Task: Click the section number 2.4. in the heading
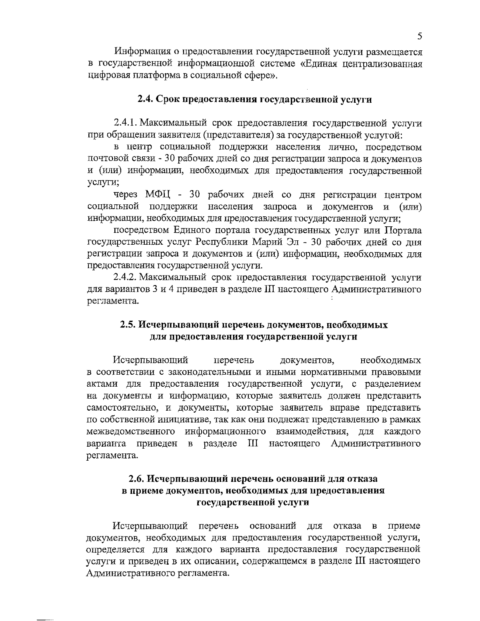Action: tap(146, 100)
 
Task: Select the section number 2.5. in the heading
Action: tap(130, 325)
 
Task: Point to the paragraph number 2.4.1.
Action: tap(126, 123)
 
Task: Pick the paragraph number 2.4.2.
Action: tap(126, 277)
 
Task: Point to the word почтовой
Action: tap(104, 159)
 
